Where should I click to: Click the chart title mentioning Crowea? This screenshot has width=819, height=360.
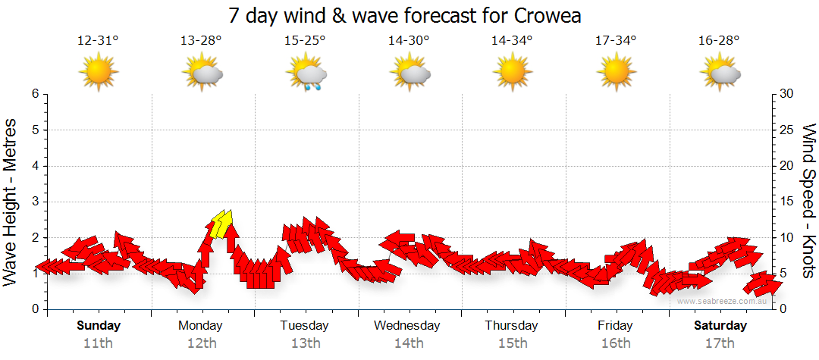pyautogui.click(x=409, y=15)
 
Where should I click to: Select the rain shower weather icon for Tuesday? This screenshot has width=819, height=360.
pyautogui.click(x=306, y=74)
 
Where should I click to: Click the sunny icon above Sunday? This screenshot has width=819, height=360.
pyautogui.click(x=99, y=73)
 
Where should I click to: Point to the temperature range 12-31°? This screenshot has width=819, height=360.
pyautogui.click(x=98, y=41)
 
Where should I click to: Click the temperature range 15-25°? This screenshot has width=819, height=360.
pyautogui.click(x=305, y=41)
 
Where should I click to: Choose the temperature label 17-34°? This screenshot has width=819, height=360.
pyautogui.click(x=616, y=41)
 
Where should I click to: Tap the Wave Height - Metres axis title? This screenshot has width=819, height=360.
pyautogui.click(x=11, y=202)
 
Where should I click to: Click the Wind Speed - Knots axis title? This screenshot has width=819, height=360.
pyautogui.click(x=808, y=202)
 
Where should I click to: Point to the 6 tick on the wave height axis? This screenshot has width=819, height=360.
pyautogui.click(x=34, y=94)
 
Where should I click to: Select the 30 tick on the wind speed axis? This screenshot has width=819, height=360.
pyautogui.click(x=788, y=94)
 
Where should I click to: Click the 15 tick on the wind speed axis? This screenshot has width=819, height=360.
pyautogui.click(x=788, y=202)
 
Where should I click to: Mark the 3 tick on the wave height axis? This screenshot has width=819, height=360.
pyautogui.click(x=34, y=202)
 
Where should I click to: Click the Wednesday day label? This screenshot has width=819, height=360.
pyautogui.click(x=407, y=326)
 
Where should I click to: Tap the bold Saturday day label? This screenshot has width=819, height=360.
pyautogui.click(x=720, y=326)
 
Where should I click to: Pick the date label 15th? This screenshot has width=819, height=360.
pyautogui.click(x=513, y=343)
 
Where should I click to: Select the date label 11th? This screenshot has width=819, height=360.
pyautogui.click(x=98, y=343)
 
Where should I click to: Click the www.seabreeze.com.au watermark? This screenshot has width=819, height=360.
pyautogui.click(x=723, y=302)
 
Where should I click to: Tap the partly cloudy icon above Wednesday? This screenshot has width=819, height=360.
pyautogui.click(x=410, y=74)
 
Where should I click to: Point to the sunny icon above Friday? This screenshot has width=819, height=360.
pyautogui.click(x=616, y=73)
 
